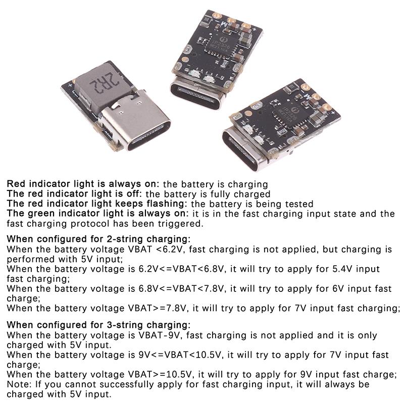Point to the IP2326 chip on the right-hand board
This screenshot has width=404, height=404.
coord(291,114)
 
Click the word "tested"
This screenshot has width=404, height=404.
coord(299,204)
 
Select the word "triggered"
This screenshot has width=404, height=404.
coord(181,224)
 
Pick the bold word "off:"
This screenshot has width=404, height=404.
coord(134,194)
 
